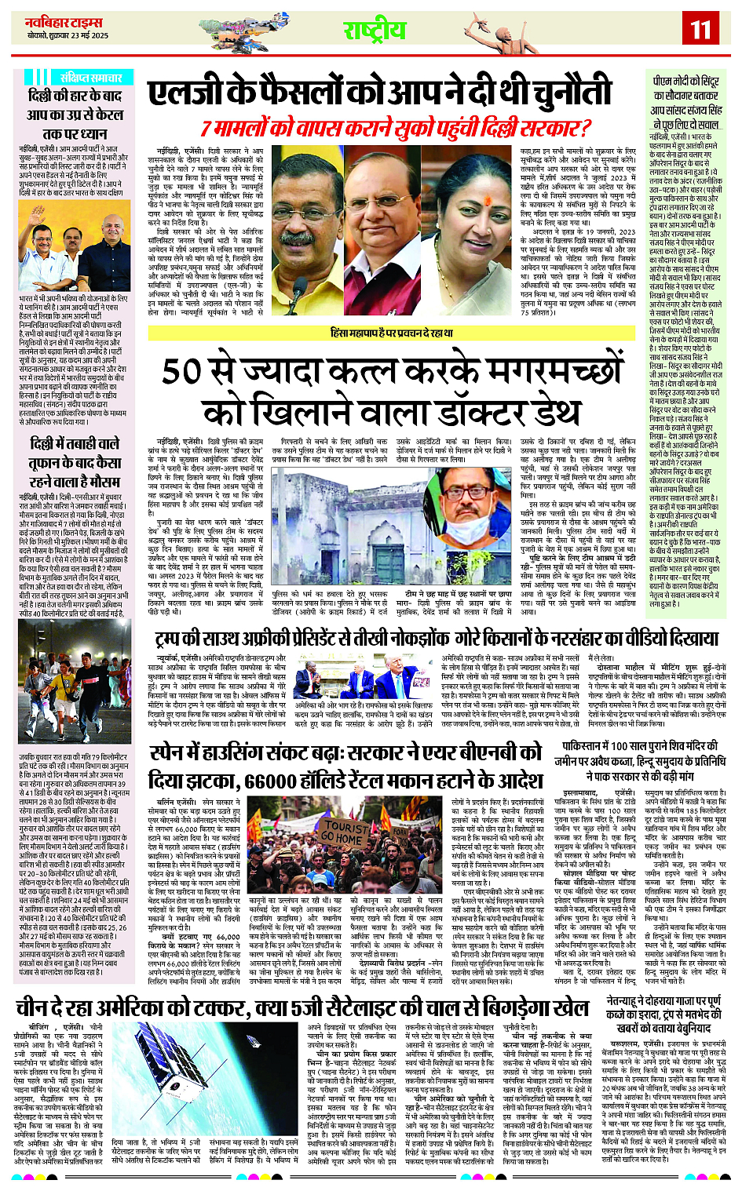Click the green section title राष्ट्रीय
tap(375, 31)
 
